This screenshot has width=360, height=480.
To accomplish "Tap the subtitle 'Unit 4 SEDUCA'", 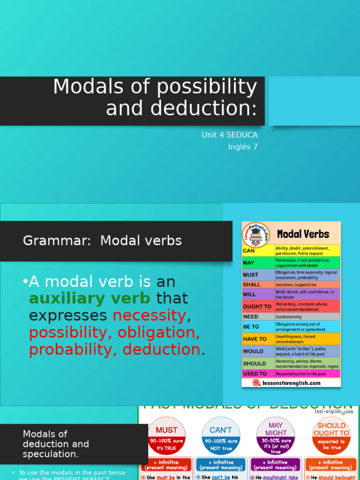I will (229, 135).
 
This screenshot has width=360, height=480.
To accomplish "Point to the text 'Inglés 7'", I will (243, 147).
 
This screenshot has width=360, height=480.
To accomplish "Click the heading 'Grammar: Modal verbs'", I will (102, 241).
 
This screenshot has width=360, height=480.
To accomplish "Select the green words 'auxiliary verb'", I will (90, 298).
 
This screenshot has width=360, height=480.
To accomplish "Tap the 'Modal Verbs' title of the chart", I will (303, 234).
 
